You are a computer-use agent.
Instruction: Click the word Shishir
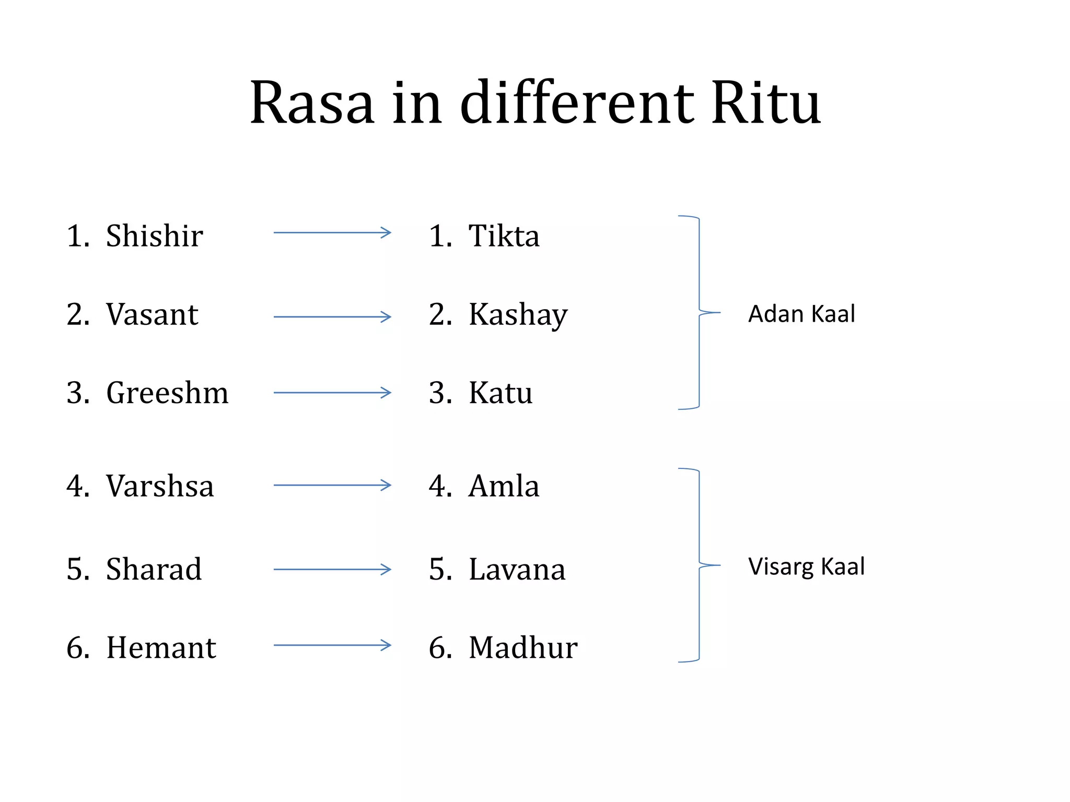pyautogui.click(x=154, y=235)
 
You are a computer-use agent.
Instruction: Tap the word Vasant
pyautogui.click(x=152, y=314)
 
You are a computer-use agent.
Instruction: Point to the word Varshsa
pyautogui.click(x=160, y=486)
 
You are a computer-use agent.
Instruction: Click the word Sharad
pyautogui.click(x=154, y=569)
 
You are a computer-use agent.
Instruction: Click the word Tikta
pyautogui.click(x=504, y=235)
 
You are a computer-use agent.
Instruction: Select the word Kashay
pyautogui.click(x=518, y=315)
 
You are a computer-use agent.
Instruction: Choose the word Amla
pyautogui.click(x=504, y=486)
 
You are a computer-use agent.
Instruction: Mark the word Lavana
pyautogui.click(x=517, y=569)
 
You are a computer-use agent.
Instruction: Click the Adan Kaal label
pyautogui.click(x=801, y=314)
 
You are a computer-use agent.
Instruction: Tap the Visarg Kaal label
pyautogui.click(x=806, y=567)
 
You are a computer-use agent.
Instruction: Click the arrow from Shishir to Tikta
pyautogui.click(x=332, y=232)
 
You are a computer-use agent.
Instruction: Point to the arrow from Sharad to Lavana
pyautogui.click(x=332, y=569)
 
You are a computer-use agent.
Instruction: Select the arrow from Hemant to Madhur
pyautogui.click(x=332, y=645)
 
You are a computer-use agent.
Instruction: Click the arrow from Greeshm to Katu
pyautogui.click(x=332, y=393)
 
